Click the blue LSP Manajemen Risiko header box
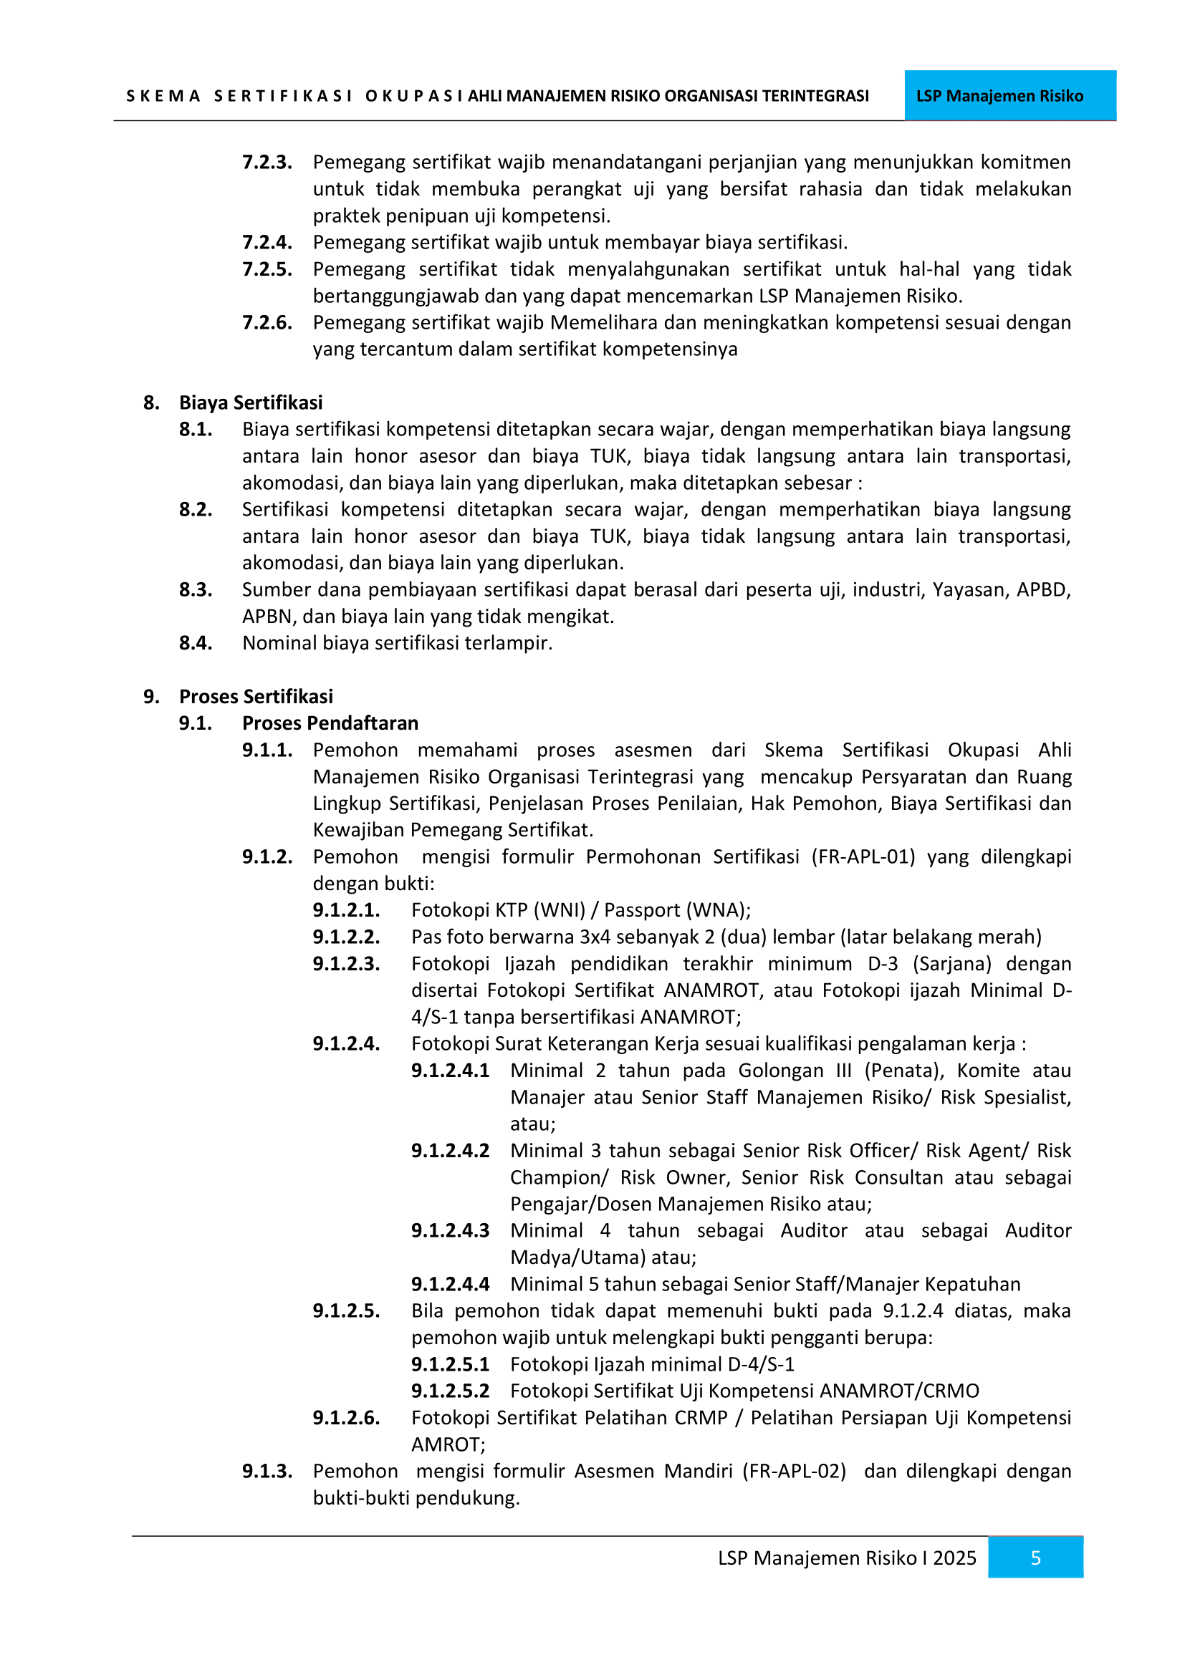pos(1009,95)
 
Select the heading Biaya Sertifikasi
pos(250,402)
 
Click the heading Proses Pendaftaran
pos(330,723)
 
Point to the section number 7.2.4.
pos(267,242)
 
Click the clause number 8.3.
pos(196,589)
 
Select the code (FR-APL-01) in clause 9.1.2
pos(863,856)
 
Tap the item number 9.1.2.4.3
pos(450,1231)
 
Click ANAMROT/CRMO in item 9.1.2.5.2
pos(899,1391)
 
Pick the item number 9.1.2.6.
pos(346,1417)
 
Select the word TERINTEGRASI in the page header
pos(815,96)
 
